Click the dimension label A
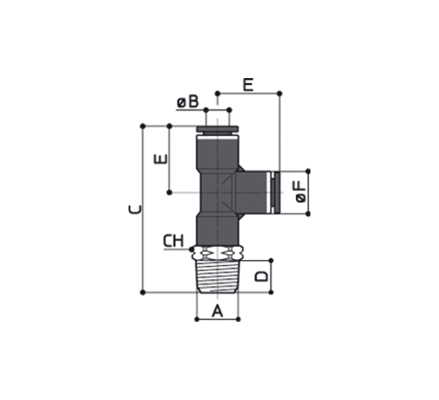point(217,311)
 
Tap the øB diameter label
point(188,102)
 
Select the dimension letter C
point(135,209)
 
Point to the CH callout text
point(174,241)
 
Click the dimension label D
point(262,276)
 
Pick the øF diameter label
point(301,192)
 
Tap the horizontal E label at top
point(248,85)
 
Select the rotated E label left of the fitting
point(161,159)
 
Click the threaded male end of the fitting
point(217,277)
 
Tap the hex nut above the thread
point(217,253)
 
